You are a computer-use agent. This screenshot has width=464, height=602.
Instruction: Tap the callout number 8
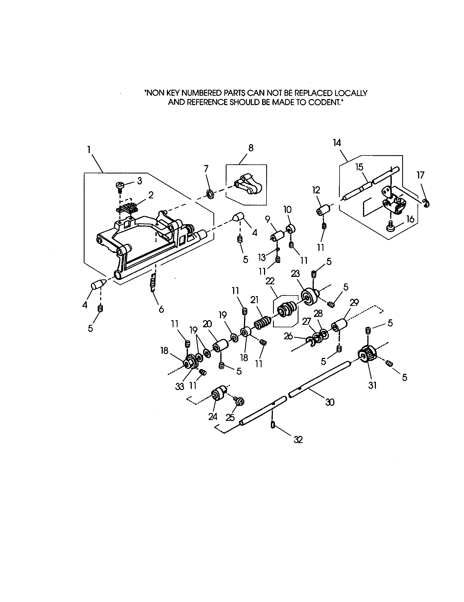click(x=250, y=148)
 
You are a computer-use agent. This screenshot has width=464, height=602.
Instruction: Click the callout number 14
click(x=337, y=143)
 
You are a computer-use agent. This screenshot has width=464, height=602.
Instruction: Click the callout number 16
click(x=410, y=219)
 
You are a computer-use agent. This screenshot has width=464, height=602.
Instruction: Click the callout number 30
click(x=330, y=403)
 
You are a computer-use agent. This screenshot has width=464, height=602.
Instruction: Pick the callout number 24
click(x=212, y=416)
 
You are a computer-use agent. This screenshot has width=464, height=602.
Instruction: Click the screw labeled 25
click(x=239, y=402)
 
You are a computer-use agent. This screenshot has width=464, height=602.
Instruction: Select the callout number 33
click(x=180, y=387)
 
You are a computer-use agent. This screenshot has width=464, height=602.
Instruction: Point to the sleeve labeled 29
click(x=340, y=325)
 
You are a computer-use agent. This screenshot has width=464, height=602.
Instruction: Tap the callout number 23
click(x=295, y=273)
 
